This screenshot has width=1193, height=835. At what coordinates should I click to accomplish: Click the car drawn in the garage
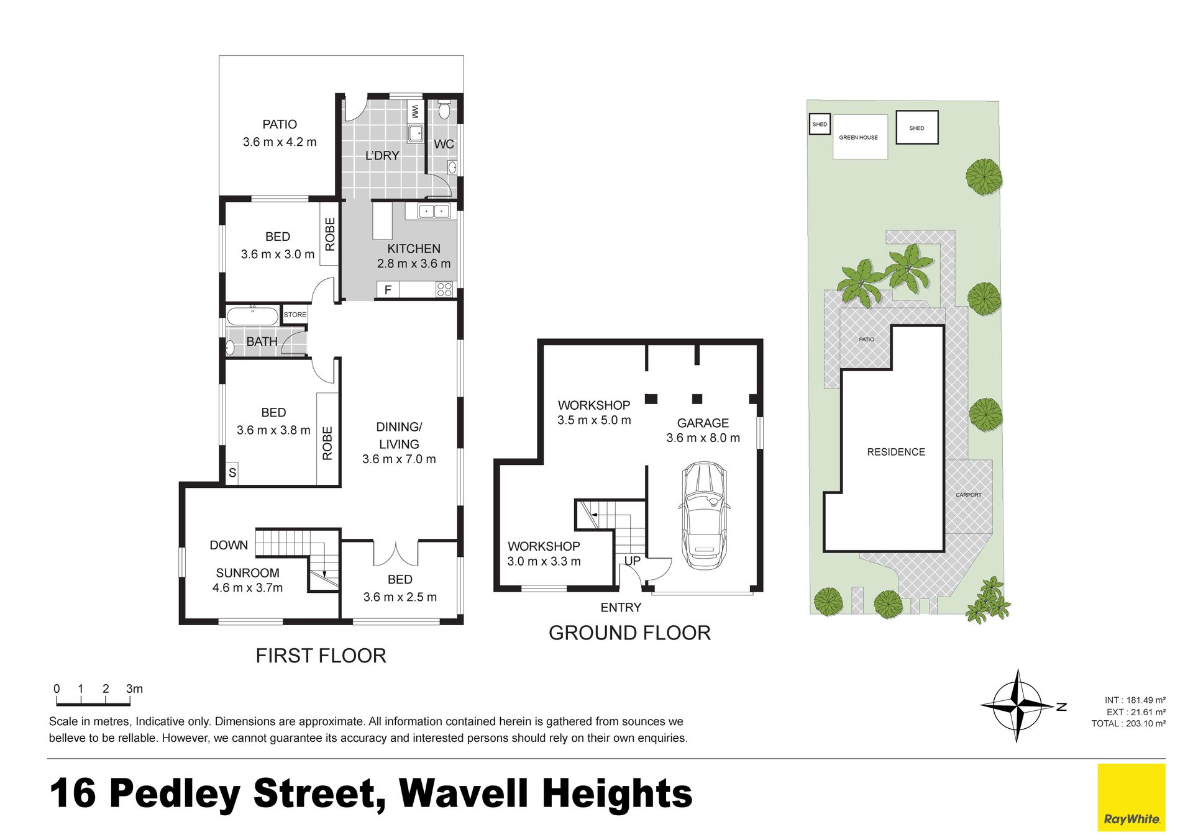(704, 515)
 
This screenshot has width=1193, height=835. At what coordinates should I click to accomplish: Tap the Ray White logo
(1131, 797)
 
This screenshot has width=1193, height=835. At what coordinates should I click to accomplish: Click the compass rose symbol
(1018, 705)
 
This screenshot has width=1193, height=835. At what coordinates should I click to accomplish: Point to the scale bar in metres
(93, 702)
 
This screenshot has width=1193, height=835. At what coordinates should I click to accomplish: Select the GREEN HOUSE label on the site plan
(858, 137)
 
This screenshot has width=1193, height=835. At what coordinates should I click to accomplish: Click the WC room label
(444, 144)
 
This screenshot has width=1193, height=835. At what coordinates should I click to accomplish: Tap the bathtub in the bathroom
(252, 315)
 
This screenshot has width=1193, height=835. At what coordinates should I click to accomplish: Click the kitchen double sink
(434, 211)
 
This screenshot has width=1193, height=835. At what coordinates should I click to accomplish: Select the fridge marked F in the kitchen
(388, 289)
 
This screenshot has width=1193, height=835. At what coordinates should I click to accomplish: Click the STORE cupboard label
(295, 315)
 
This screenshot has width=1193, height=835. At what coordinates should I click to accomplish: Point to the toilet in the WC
(444, 110)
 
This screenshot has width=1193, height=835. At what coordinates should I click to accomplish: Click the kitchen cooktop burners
(444, 289)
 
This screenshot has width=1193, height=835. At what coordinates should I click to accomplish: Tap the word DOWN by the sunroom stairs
(229, 545)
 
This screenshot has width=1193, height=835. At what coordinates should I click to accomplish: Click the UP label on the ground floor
(632, 561)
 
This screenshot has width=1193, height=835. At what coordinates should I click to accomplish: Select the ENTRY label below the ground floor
(621, 607)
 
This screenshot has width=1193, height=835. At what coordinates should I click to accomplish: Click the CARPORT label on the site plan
(969, 495)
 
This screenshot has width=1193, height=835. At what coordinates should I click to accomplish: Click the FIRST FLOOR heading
(321, 656)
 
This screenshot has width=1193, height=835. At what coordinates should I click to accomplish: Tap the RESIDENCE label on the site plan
(896, 452)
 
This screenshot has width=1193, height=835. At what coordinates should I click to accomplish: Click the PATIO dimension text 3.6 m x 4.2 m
(280, 142)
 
